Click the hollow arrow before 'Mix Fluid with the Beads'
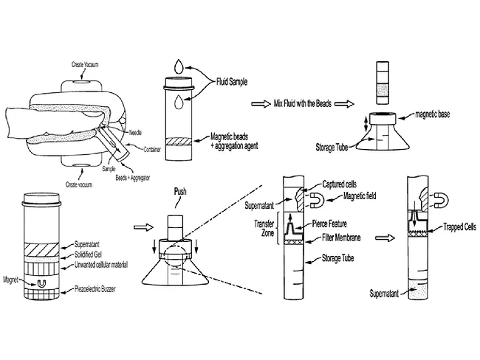[258, 104]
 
